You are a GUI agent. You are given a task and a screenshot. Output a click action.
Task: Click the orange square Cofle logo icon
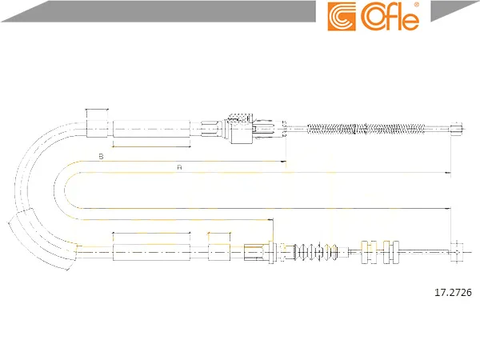point(342,17)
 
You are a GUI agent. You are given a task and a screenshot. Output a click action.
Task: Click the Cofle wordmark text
point(390,17)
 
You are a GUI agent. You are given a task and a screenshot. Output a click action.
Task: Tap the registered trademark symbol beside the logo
point(416,5)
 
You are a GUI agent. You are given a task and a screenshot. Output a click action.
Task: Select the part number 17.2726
point(453,292)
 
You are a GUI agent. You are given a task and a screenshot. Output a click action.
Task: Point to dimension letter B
point(101,157)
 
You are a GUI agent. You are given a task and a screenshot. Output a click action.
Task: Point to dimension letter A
point(180,167)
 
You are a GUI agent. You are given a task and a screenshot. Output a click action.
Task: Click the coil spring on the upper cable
point(366,129)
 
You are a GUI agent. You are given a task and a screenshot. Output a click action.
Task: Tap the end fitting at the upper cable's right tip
point(457,129)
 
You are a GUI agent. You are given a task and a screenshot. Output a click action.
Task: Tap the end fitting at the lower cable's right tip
point(457,252)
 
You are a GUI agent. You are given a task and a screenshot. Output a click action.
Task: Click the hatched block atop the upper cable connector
point(239,118)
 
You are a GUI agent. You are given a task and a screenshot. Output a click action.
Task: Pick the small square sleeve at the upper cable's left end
point(97,129)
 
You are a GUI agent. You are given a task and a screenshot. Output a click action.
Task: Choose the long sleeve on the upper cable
point(151,129)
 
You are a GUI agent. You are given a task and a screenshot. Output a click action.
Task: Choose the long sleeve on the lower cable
point(151,252)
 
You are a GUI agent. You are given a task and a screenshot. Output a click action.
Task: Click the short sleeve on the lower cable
point(219,252)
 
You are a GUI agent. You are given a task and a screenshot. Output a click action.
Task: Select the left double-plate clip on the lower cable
point(369,252)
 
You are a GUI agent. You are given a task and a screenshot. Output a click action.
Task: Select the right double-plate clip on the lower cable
point(391,252)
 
